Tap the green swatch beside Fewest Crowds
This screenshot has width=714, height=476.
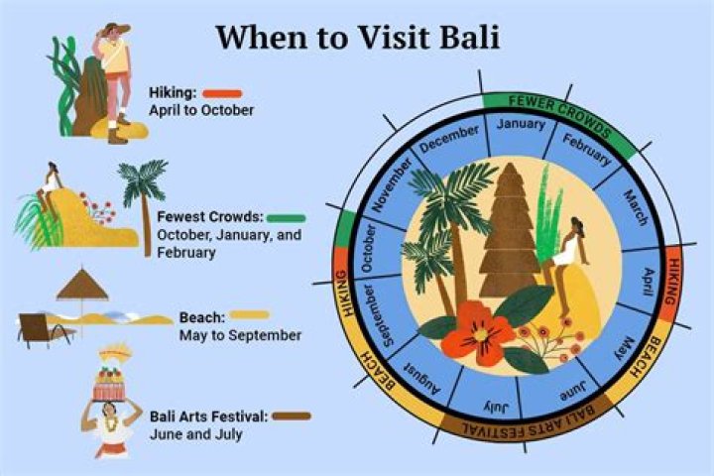click(286, 216)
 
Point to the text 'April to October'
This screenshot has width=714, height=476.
click(201, 110)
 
